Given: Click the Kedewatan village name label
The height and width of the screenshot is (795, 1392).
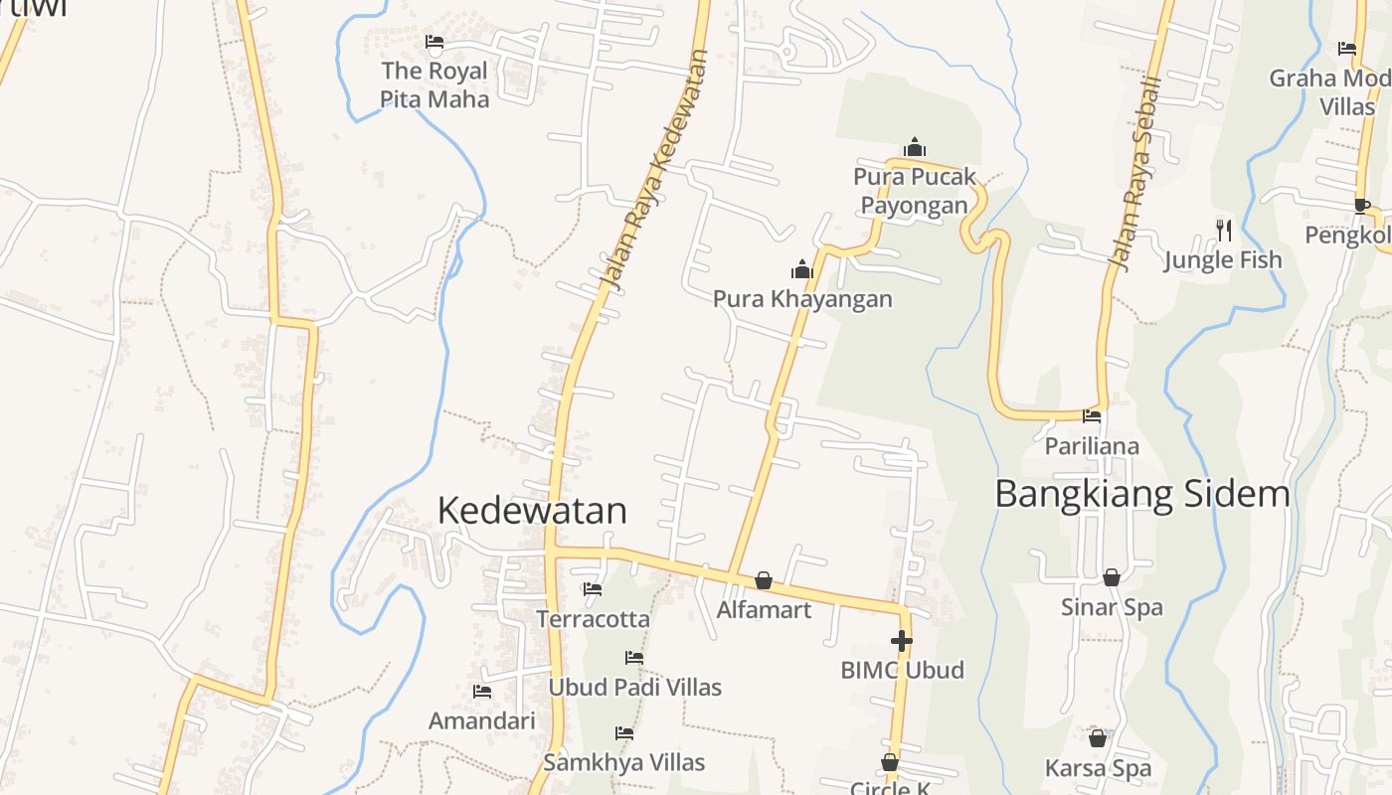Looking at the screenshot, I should (x=532, y=511).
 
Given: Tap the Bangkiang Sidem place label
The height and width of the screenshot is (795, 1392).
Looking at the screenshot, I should (x=1141, y=494).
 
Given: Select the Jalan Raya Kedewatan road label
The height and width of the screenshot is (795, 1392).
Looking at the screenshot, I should (x=654, y=174).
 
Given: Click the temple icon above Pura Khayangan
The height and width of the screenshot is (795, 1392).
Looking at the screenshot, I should (x=801, y=269).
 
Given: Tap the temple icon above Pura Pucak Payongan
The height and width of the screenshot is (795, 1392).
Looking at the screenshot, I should (x=915, y=148).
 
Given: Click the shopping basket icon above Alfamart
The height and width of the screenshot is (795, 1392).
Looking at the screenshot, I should (x=764, y=580).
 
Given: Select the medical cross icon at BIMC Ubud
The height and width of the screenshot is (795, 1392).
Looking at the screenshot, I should (x=902, y=641).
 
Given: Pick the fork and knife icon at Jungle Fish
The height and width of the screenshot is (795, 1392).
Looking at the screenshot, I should (x=1224, y=231).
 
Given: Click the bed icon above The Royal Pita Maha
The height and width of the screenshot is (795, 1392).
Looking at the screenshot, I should (x=435, y=42).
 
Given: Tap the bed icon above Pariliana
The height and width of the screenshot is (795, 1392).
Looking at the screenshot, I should (x=1092, y=416).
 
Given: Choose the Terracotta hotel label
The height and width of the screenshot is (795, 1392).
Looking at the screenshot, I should (x=593, y=619).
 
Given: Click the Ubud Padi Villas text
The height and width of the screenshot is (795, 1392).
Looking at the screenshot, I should (x=635, y=688).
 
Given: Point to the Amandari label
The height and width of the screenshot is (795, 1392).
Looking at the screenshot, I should (x=481, y=721).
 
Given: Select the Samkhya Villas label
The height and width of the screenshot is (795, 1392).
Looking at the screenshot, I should (x=624, y=763).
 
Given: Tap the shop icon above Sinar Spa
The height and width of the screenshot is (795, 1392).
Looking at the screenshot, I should (x=1112, y=577).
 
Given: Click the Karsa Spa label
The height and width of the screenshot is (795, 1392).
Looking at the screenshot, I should (x=1098, y=768).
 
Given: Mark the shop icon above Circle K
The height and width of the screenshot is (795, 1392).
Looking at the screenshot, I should (x=890, y=763).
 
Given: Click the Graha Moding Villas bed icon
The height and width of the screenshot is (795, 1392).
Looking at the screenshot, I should (x=1347, y=48).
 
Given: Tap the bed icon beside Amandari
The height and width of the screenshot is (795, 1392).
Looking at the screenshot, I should (x=482, y=692).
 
